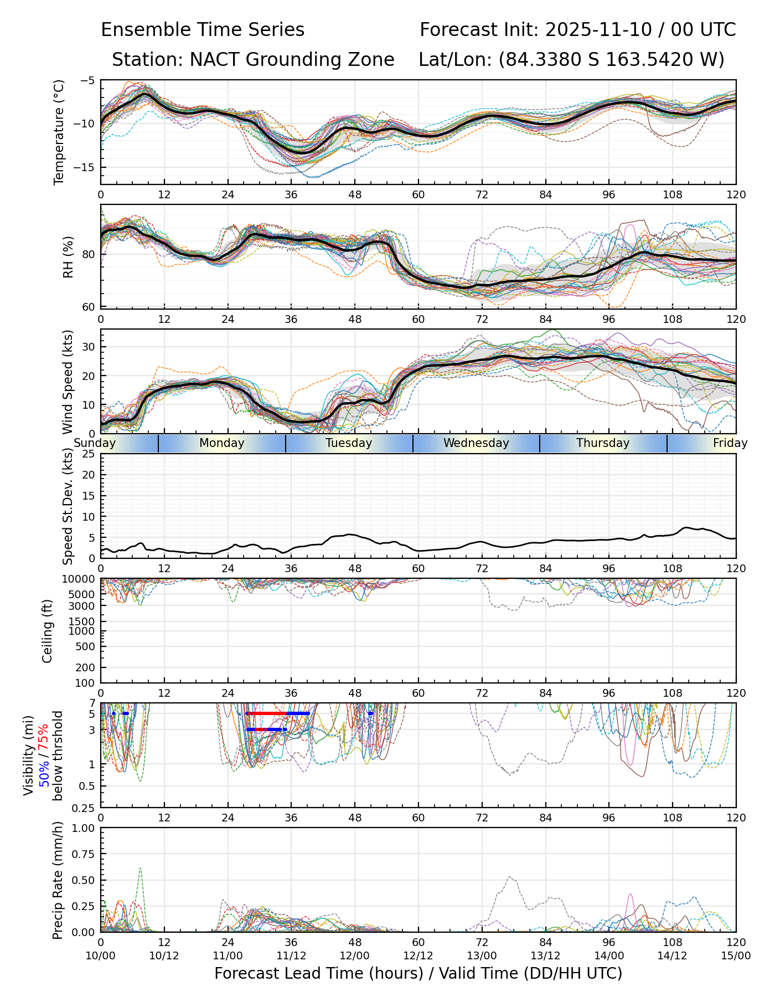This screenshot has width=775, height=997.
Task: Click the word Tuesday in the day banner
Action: coord(349,443)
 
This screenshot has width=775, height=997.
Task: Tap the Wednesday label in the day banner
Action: coord(476,443)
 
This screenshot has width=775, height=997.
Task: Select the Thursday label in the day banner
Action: coord(603,443)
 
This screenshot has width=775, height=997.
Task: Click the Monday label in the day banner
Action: coord(221,443)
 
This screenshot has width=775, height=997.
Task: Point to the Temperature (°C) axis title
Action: coord(59,132)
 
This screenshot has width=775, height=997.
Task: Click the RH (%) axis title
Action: coord(68,256)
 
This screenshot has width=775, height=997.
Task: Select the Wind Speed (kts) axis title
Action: coord(68,382)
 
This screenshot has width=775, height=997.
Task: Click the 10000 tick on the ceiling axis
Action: coord(80,579)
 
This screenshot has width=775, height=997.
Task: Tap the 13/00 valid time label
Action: coord(482,955)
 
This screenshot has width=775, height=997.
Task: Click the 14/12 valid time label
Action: coord(673,955)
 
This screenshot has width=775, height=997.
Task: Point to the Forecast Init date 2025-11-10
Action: coord(599,30)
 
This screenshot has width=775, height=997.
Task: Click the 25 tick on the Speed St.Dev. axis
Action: coord(89,454)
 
